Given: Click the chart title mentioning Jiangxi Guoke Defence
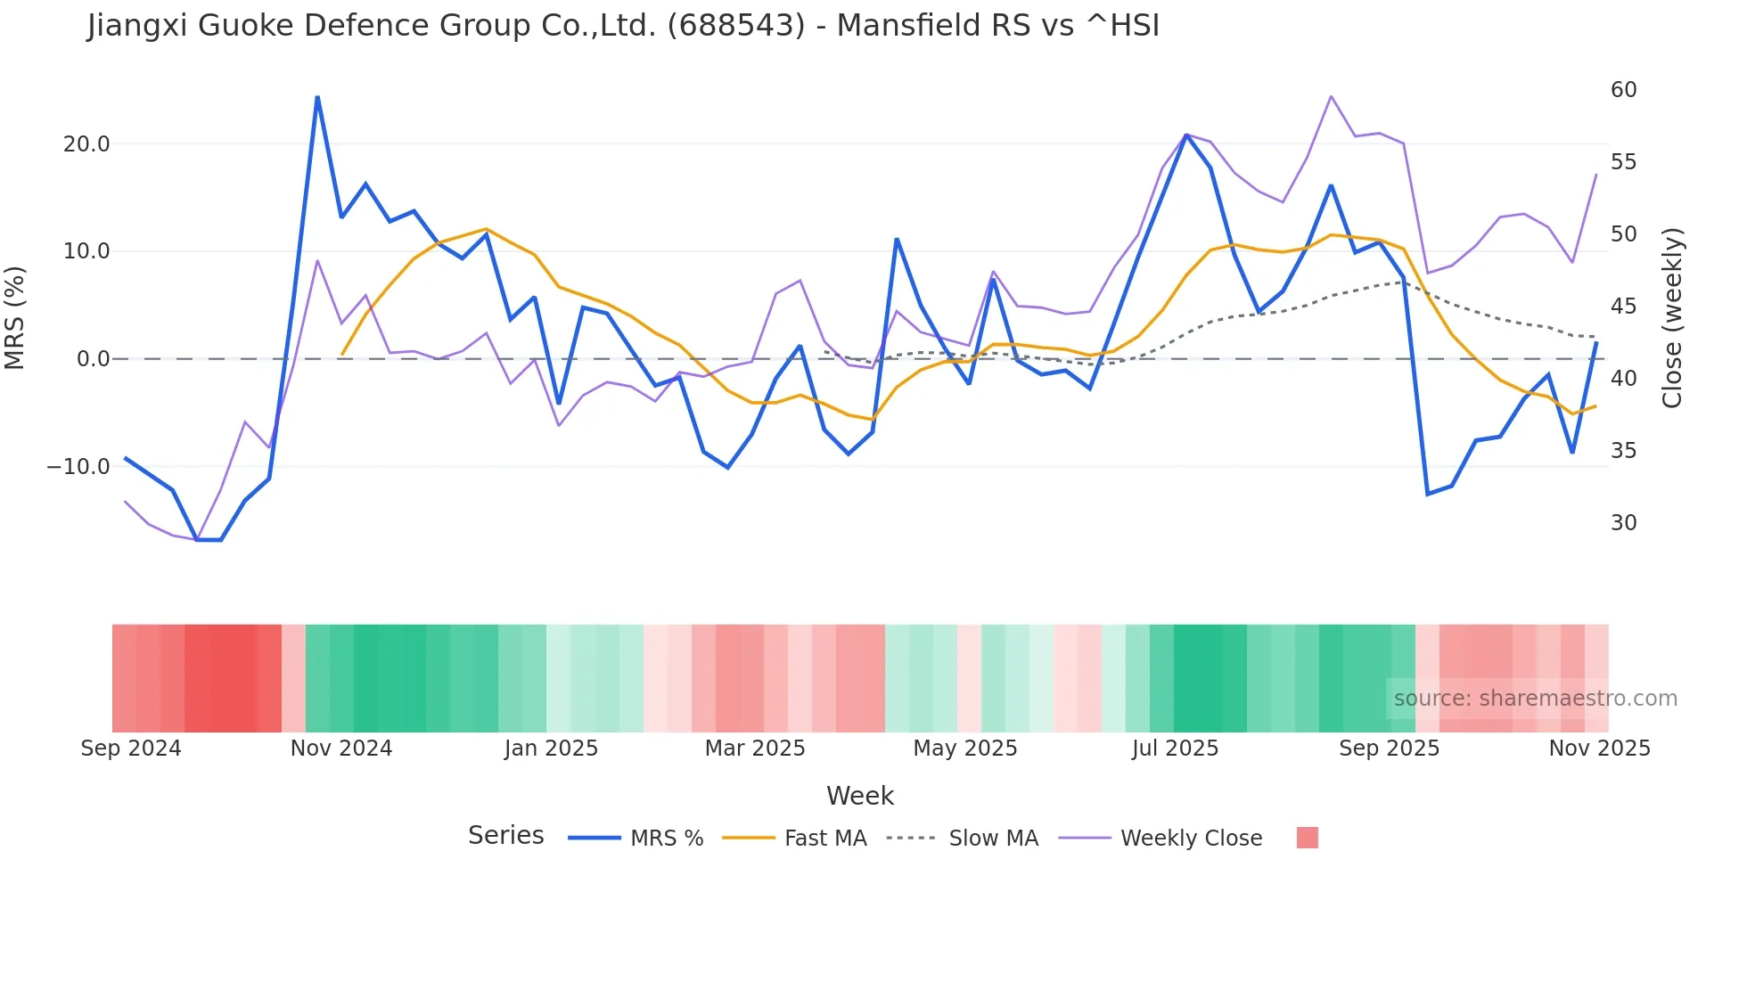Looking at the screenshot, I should tap(623, 26).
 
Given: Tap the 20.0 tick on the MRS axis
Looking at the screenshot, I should tap(86, 144).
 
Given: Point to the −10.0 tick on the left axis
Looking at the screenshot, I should tap(78, 467).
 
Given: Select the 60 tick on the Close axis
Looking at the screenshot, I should tap(1623, 90).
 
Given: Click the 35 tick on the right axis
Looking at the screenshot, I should tap(1623, 451).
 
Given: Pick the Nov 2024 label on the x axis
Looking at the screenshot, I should tap(341, 749).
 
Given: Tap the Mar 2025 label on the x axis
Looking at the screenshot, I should tap(755, 749).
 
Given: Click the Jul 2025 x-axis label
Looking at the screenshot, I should tap(1175, 749).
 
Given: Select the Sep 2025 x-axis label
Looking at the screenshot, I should tap(1389, 749).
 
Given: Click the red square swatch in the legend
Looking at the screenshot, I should tap(1307, 838).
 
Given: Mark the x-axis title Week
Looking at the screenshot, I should tap(859, 796).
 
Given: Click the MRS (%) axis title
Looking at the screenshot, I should tap(15, 318).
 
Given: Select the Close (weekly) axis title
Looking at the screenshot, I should tap(1672, 318).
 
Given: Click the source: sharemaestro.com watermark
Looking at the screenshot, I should tap(1535, 699).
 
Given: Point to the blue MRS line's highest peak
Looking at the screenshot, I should tap(317, 97).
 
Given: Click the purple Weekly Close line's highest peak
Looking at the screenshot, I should tap(1331, 96).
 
